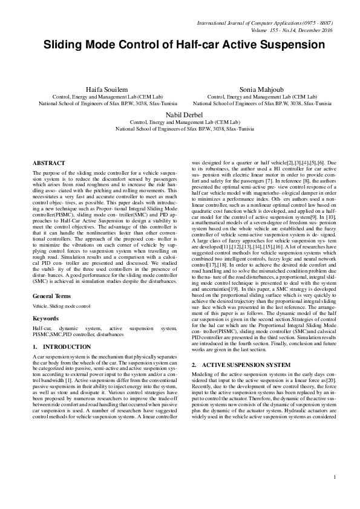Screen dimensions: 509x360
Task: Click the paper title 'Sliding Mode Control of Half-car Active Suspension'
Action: pyautogui.click(x=180, y=45)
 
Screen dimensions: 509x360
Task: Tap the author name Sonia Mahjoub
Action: pyautogui.click(x=257, y=88)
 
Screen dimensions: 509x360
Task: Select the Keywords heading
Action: pyautogui.click(x=45, y=317)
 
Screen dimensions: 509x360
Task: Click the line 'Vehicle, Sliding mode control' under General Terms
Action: pyautogui.click(x=62, y=306)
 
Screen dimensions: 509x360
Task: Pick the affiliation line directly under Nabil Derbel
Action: pyautogui.click(x=180, y=122)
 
